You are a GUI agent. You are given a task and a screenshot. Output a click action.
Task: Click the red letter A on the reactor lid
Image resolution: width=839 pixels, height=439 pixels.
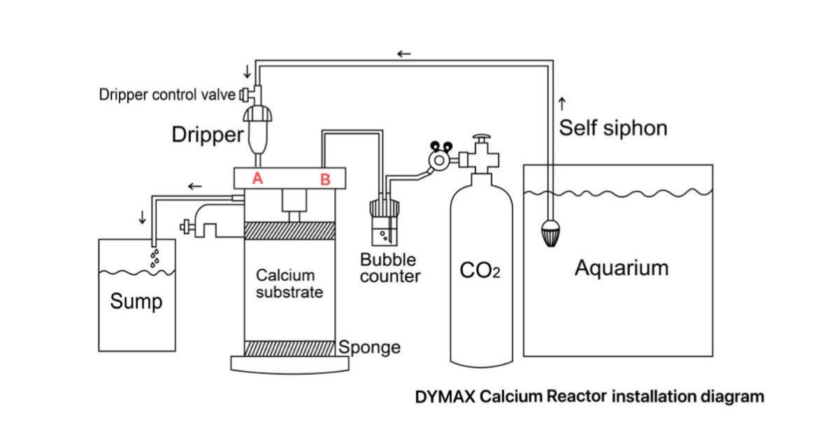[257, 178]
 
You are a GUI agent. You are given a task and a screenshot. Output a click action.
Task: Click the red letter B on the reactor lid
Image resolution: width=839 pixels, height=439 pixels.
[325, 180]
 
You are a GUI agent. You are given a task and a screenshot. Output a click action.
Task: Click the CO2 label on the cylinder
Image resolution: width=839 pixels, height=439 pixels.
[480, 270]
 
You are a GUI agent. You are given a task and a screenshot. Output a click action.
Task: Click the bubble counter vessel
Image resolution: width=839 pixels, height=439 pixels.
[384, 224]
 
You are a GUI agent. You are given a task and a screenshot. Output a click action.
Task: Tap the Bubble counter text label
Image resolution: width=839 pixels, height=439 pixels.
[389, 268]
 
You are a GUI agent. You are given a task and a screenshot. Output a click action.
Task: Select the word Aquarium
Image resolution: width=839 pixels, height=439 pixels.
[621, 268]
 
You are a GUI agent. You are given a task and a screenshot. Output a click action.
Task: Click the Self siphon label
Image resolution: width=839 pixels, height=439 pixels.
[612, 129]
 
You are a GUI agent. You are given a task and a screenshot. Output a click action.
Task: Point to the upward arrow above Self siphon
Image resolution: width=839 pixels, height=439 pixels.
[562, 104]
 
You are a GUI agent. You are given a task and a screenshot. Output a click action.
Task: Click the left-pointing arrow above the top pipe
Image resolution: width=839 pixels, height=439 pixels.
[404, 54]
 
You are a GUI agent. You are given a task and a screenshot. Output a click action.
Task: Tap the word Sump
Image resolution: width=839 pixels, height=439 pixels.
[136, 302]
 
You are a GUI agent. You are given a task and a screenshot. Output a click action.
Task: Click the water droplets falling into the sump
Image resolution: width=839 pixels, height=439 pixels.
[155, 257]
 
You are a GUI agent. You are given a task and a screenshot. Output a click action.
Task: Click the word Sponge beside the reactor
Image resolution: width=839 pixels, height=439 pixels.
[370, 347]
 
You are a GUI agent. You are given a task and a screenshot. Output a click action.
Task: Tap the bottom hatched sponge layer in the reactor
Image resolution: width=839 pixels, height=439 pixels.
[289, 347]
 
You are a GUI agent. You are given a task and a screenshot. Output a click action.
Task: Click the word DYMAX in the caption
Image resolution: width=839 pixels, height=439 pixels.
[445, 397]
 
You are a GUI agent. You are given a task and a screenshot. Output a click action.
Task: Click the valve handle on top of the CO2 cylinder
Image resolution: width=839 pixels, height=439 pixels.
[481, 141]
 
